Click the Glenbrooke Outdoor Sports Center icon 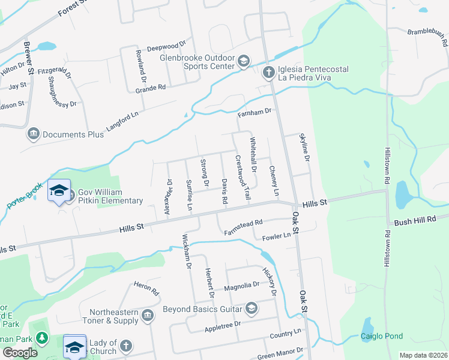coord(244,61)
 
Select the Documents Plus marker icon coord(34,133)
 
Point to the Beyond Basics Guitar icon coord(251,309)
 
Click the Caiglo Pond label coord(382,336)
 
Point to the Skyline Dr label coord(306,148)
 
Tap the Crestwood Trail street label coord(242,178)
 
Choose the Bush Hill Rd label coord(414,221)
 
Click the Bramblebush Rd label coord(427,38)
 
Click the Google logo coord(20,352)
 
